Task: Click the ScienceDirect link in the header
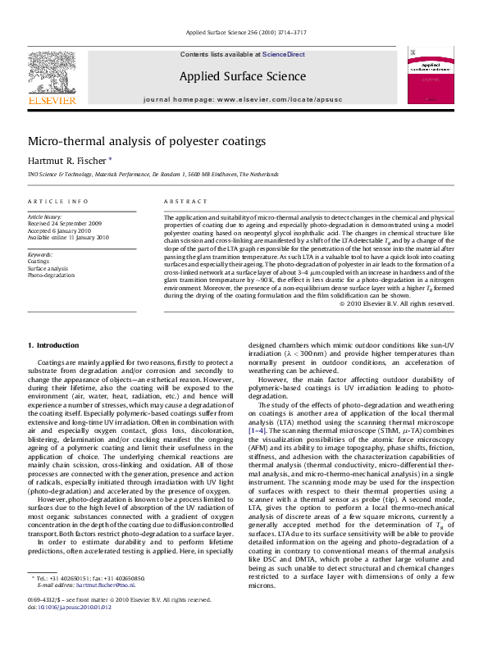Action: coord(283,53)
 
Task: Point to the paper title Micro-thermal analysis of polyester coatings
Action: coord(147,141)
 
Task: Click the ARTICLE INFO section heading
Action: coord(57,201)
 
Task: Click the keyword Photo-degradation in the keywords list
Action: coord(51,275)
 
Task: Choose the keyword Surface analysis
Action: coord(48,268)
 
